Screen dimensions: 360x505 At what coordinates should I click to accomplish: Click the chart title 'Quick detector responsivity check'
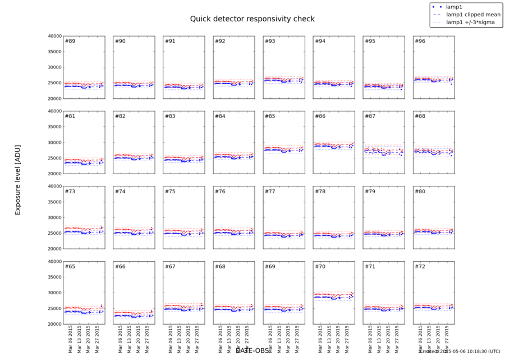pos(252,19)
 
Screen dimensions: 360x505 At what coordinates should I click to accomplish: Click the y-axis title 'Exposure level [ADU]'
pos(17,178)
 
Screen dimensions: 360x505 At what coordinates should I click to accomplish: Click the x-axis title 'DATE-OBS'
pos(252,350)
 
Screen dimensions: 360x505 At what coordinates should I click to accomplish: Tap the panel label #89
pos(70,42)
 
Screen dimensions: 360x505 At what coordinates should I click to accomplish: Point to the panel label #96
pos(420,42)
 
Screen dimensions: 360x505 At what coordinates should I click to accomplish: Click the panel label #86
pos(320,116)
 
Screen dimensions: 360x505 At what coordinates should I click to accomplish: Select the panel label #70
pos(320,267)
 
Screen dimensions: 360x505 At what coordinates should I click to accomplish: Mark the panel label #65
pos(70,267)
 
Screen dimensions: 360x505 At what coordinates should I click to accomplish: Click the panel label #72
pos(420,267)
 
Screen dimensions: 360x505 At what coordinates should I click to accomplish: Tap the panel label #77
pos(270,192)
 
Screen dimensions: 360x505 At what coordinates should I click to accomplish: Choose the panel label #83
pos(170,116)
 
